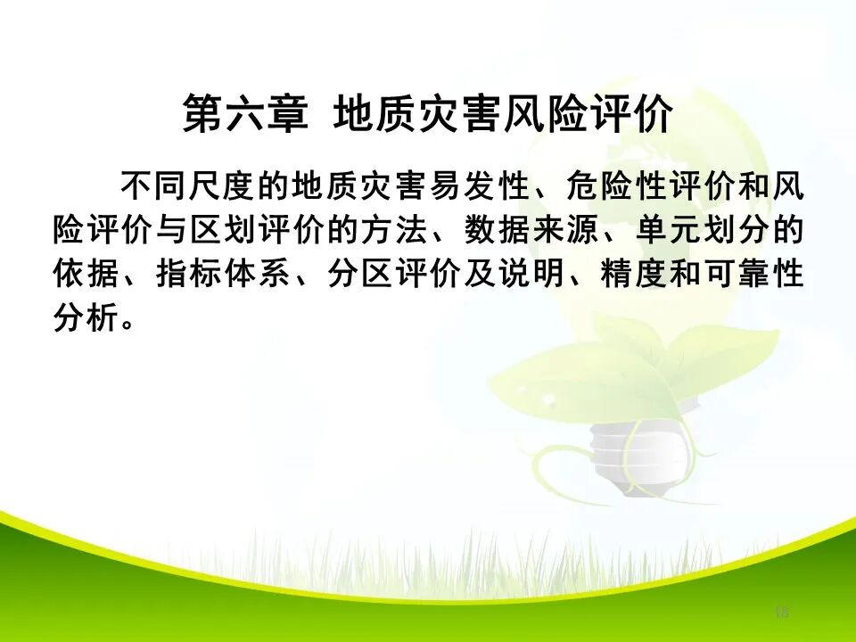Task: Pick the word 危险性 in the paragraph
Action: click(603, 189)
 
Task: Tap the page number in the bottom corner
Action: click(782, 612)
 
